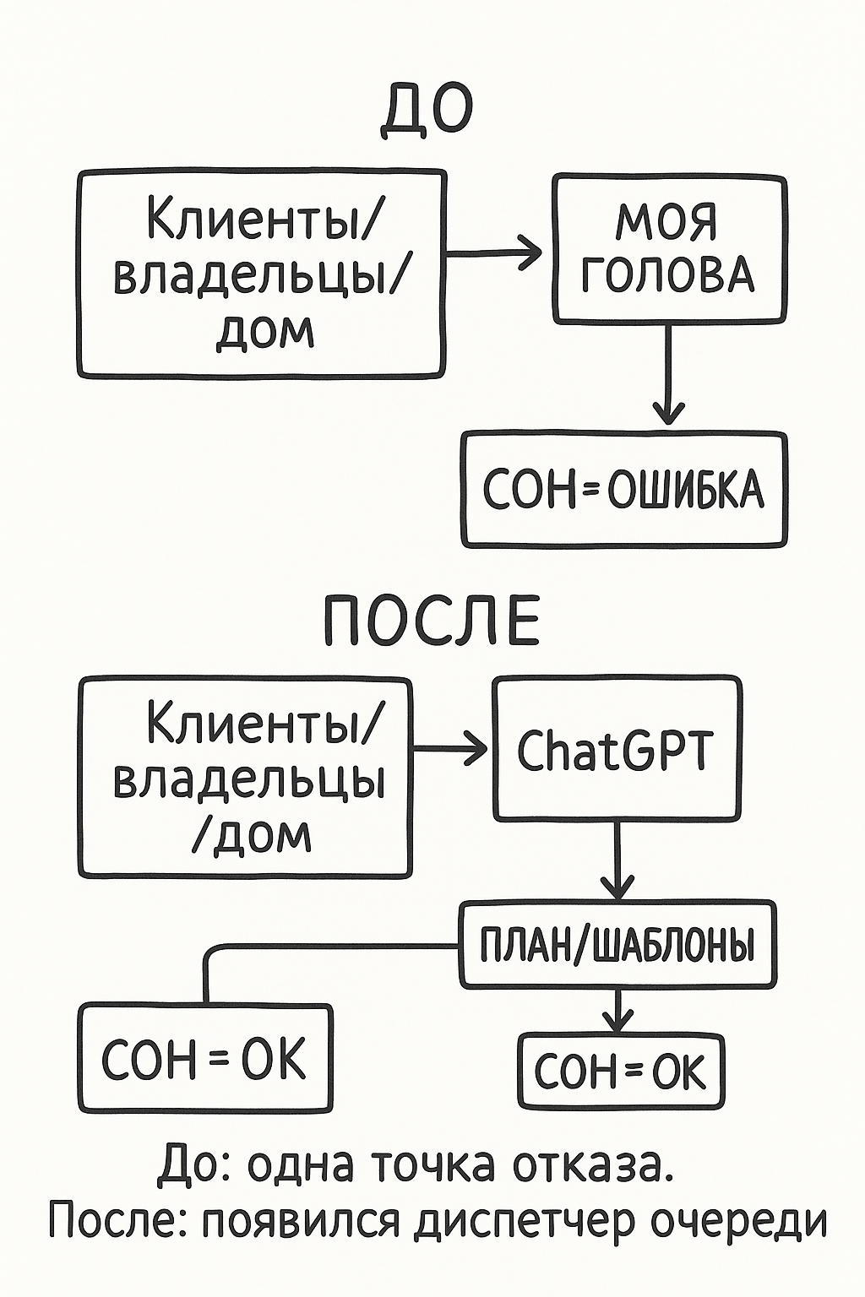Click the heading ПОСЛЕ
432,621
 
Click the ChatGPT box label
615,750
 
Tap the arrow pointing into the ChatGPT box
451,748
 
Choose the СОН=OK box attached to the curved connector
204,1058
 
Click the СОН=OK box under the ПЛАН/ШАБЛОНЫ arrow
620,1071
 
